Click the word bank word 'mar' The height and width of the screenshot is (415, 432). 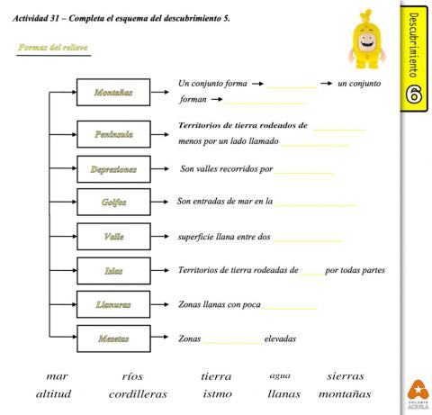coord(58,376)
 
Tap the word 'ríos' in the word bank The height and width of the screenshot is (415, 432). coord(131,376)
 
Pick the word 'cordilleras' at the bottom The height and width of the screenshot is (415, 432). coord(137,394)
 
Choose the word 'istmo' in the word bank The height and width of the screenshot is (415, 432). coord(216,394)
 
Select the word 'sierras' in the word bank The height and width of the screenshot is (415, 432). coord(346,376)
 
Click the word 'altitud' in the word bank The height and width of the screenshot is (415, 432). coord(54,394)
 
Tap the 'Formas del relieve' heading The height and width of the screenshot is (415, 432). coord(53,47)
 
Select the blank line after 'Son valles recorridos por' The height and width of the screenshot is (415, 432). coord(306,170)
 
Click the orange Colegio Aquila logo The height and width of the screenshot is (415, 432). coord(417,390)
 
